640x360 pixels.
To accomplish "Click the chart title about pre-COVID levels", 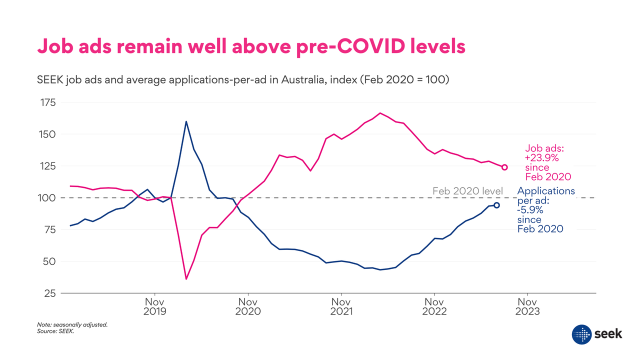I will coord(251,46).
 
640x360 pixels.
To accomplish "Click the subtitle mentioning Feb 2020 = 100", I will coord(243,80).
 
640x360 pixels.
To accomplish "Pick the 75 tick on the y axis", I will coord(48,229).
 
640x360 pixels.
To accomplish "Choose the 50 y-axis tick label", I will coord(48,261).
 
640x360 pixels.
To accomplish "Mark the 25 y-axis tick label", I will coord(48,293).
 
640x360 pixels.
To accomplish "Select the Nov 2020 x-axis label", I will coord(247,306).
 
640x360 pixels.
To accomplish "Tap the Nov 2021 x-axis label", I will coord(340,306).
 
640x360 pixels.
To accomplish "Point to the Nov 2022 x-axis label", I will coord(434,306).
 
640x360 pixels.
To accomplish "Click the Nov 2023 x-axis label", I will coord(527,306).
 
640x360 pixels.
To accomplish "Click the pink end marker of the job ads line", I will coord(504,167).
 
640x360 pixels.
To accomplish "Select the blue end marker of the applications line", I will coord(496,205).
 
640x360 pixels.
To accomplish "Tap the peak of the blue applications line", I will coord(186,121).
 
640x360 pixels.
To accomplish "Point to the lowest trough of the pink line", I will coord(186,278).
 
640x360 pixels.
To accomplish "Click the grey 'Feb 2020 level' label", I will coord(467,191).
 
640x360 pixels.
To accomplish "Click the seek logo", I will coord(597,333).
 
